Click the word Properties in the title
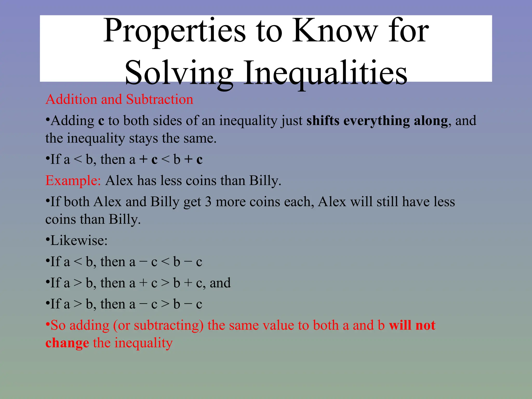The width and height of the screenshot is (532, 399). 174,31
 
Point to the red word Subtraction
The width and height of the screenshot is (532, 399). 159,99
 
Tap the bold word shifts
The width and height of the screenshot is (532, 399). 323,121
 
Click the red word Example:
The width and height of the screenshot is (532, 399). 73,181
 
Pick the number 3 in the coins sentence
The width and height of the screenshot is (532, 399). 208,202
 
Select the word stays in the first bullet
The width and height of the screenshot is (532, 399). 143,138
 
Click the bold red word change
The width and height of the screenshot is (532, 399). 67,343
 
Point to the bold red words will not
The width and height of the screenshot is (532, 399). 412,325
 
